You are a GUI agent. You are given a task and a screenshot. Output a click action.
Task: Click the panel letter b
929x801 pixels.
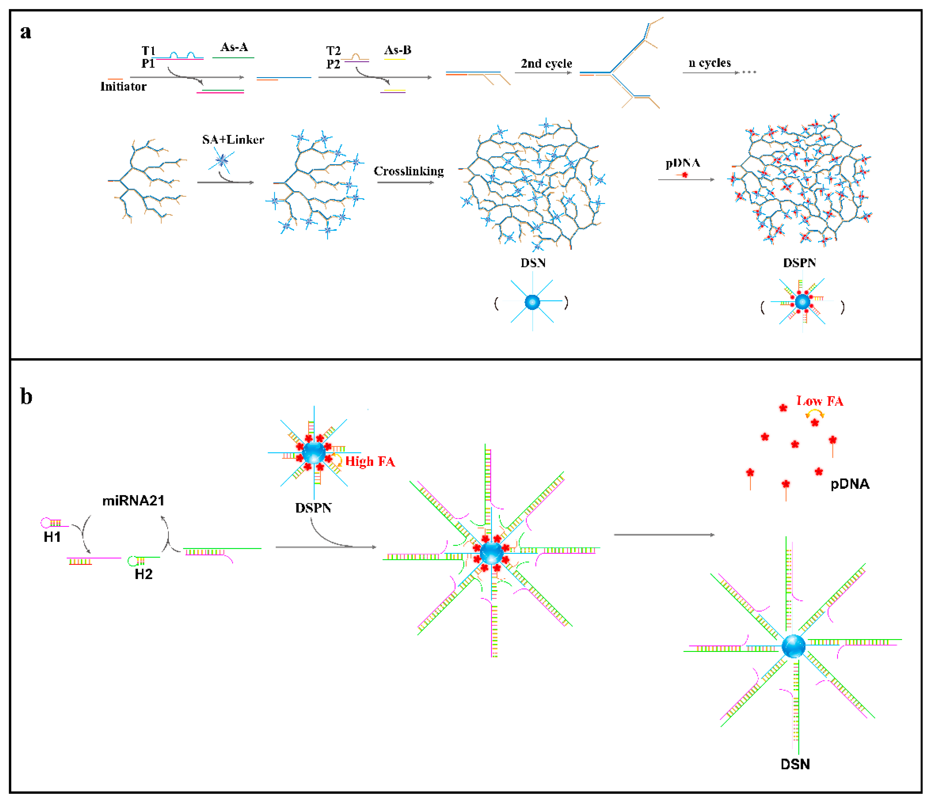click(x=26, y=396)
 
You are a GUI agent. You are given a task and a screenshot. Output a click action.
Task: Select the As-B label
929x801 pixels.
click(x=397, y=50)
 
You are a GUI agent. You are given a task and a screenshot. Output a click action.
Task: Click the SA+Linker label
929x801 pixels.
click(x=233, y=140)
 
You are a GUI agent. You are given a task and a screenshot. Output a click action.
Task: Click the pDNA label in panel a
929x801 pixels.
click(x=682, y=163)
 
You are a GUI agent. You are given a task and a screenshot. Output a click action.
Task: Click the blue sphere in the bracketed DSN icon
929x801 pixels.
click(x=532, y=302)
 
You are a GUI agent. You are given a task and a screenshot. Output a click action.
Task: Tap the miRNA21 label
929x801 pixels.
click(x=133, y=500)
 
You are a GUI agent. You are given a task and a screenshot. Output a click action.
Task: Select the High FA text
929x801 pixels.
click(x=370, y=461)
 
